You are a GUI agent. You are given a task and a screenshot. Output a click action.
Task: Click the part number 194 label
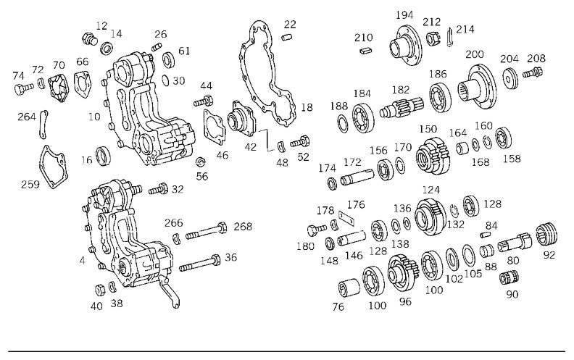(404, 15)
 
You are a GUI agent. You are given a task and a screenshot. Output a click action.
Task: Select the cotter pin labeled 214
(450, 37)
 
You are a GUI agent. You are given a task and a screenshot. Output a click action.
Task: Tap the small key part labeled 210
(365, 51)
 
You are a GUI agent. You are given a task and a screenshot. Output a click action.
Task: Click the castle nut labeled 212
(432, 38)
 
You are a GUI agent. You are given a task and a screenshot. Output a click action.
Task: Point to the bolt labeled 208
(532, 72)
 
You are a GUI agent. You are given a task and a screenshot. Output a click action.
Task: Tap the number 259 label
(30, 184)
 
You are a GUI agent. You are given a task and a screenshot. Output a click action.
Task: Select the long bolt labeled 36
(200, 264)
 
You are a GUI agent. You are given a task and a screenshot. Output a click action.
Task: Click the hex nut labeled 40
(100, 290)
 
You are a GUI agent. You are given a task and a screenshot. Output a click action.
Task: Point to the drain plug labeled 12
(89, 39)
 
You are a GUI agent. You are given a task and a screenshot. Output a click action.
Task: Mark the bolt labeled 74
(24, 88)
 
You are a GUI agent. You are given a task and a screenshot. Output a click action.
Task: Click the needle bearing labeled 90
(509, 277)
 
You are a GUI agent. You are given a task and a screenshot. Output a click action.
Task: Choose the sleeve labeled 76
(349, 288)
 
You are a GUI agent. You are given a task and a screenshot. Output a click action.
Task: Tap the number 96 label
(405, 302)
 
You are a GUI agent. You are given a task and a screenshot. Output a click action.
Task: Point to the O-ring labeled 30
(165, 80)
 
